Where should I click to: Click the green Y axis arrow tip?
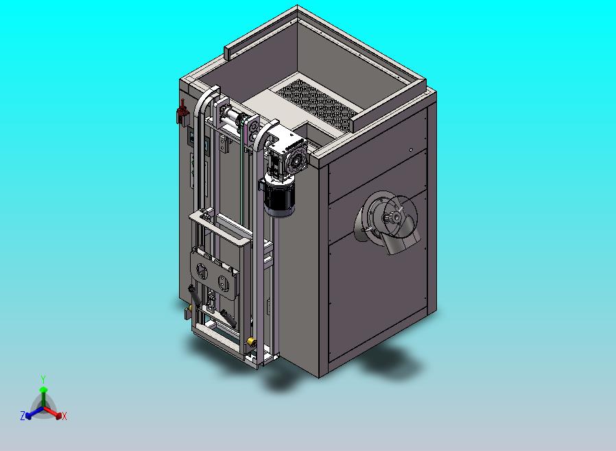[44, 389]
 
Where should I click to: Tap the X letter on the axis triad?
[64, 416]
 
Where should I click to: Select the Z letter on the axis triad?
[23, 415]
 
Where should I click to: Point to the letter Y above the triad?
[43, 379]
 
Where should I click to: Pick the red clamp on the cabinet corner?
[182, 112]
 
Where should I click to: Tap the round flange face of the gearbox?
[298, 160]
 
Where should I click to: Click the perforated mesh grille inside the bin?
[317, 105]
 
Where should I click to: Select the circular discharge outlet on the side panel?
[387, 220]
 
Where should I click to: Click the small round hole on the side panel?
[411, 149]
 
